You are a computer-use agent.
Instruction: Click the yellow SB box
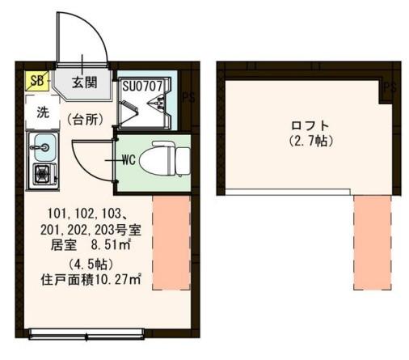(36, 81)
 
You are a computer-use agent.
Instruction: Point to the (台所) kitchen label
(85, 119)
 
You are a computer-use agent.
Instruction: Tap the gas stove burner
(42, 173)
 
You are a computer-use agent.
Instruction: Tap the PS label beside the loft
(391, 87)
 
